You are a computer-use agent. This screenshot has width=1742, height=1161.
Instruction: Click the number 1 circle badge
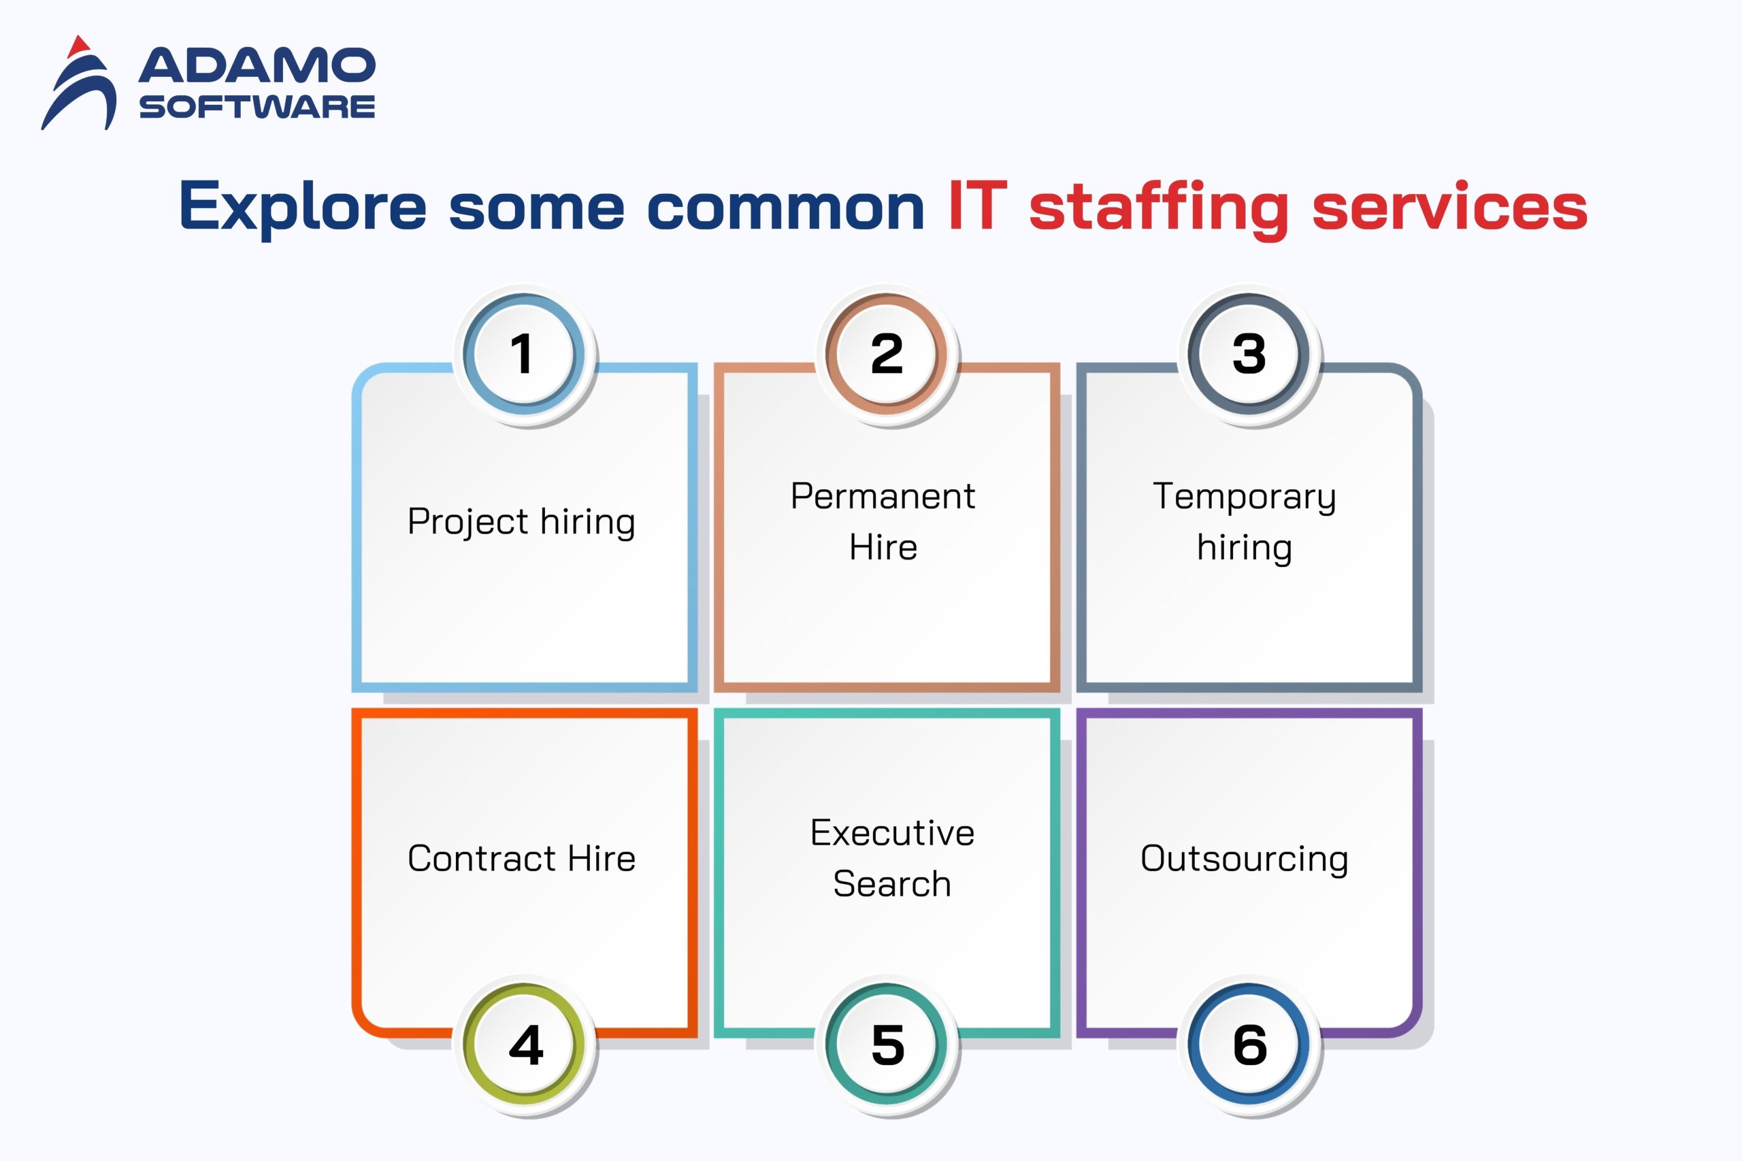pos(523,354)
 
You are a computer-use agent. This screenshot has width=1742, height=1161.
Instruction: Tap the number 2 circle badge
pos(886,354)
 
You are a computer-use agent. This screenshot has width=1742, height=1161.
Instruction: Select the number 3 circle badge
pos(1248,354)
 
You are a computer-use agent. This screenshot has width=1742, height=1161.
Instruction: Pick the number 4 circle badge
pos(525,1044)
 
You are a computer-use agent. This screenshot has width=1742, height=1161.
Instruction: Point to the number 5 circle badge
pos(887,1044)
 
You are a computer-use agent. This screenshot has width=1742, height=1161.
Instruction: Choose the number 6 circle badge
pos(1249,1044)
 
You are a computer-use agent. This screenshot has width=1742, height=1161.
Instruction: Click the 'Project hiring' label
pos(521,522)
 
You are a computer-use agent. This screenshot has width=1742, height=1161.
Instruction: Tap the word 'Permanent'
pos(883,495)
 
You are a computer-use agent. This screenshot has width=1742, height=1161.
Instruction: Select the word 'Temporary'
pos(1245,497)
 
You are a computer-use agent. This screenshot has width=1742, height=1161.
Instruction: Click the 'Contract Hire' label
pos(521,858)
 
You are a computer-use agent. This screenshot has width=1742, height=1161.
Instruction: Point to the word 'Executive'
pos(892,832)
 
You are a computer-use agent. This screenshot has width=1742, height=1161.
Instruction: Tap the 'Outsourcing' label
pos(1245,860)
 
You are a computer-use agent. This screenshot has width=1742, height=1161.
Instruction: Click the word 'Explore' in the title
pos(303,208)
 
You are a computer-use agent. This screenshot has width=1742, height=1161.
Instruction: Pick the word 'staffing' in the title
pos(1159,209)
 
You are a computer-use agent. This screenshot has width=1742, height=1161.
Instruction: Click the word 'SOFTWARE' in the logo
pos(257,107)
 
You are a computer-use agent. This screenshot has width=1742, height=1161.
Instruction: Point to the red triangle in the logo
pos(78,47)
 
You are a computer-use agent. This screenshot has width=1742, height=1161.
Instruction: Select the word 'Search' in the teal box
pos(892,883)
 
